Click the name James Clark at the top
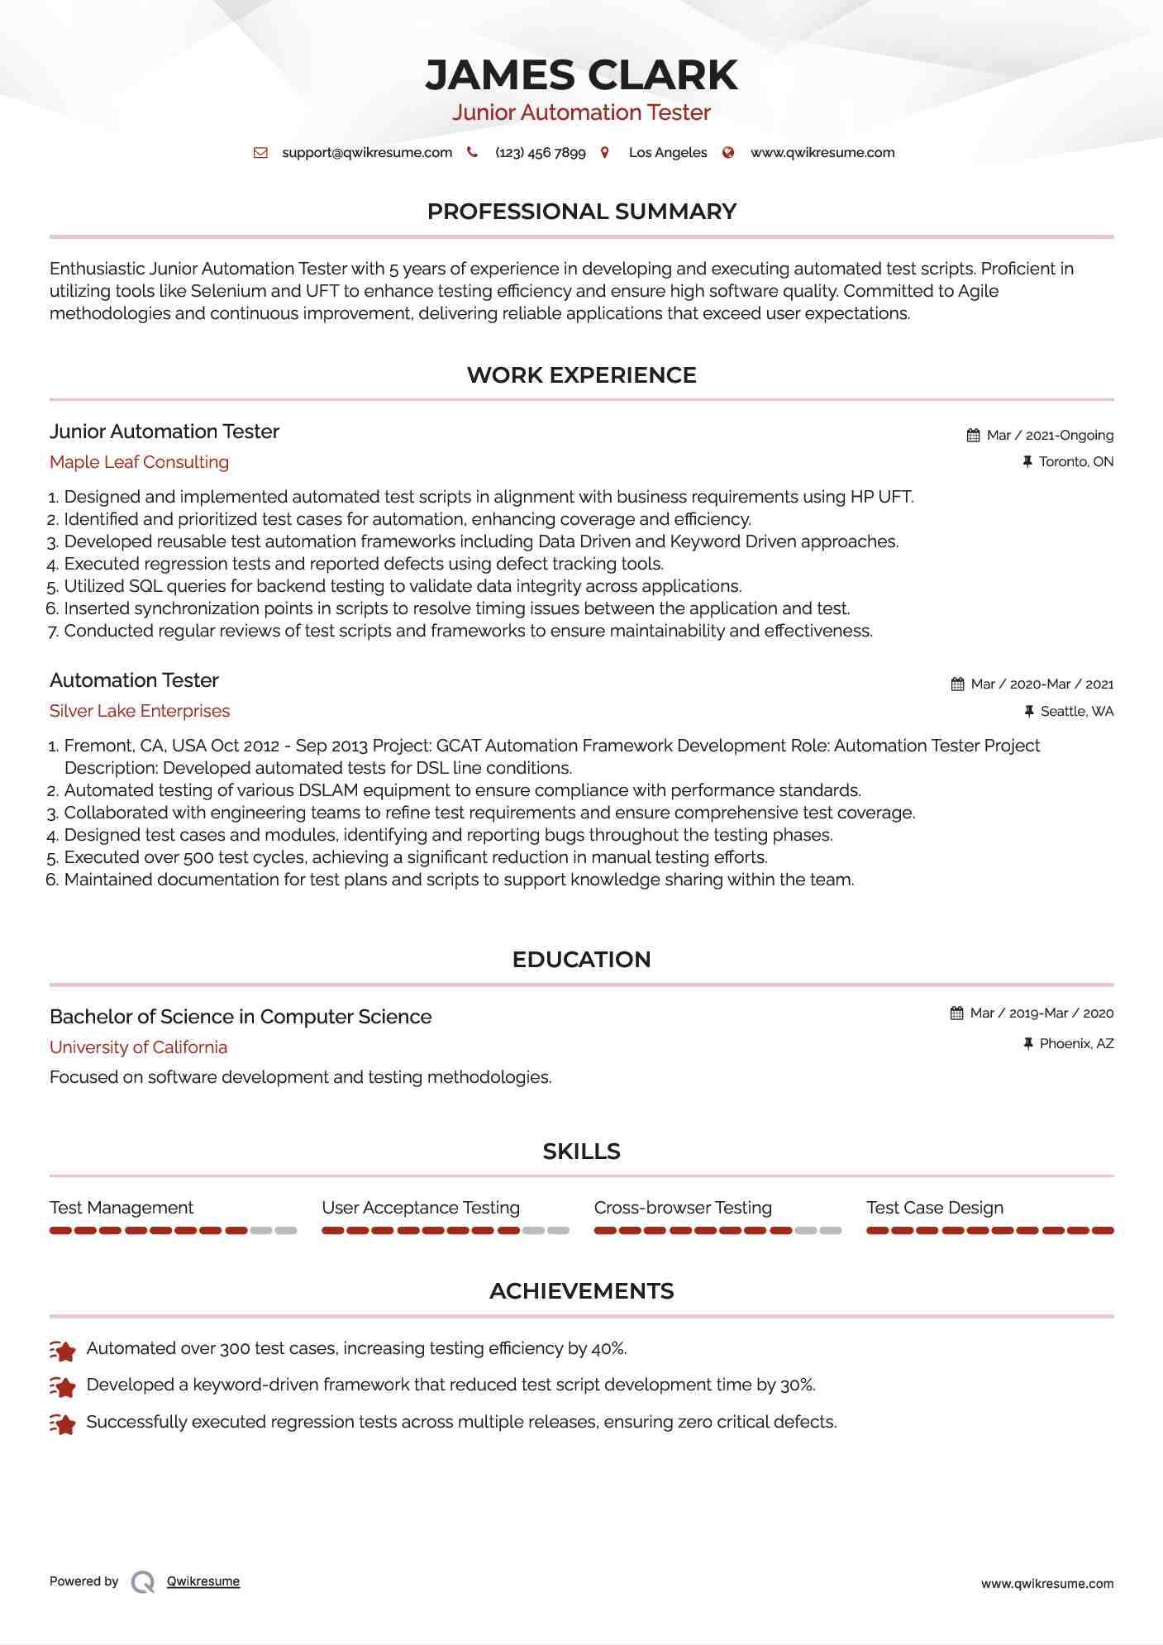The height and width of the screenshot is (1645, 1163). (x=581, y=75)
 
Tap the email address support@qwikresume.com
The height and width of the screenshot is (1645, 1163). (x=367, y=153)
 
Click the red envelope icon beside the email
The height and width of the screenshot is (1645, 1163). (x=260, y=153)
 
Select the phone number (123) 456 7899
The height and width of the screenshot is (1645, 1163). (x=540, y=153)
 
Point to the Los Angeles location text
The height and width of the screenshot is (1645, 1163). (x=667, y=153)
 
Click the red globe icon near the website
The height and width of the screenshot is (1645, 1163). (x=728, y=153)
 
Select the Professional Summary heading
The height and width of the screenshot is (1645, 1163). (x=581, y=212)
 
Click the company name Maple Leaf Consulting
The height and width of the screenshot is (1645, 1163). (x=139, y=462)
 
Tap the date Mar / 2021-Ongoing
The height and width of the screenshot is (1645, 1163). (x=1050, y=436)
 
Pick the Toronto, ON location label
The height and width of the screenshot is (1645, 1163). (x=1075, y=462)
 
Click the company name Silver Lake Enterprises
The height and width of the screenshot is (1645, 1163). (x=140, y=711)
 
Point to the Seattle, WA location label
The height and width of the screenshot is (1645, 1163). (x=1076, y=712)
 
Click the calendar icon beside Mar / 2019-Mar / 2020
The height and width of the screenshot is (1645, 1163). (x=957, y=1013)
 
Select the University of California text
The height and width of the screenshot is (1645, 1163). (x=138, y=1047)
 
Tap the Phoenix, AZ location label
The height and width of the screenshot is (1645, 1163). (x=1076, y=1044)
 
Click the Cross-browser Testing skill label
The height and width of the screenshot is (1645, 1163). (x=683, y=1208)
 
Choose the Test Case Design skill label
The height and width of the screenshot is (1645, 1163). (x=935, y=1208)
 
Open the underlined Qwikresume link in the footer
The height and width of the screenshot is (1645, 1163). (x=203, y=1581)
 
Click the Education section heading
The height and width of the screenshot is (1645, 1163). (x=581, y=960)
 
